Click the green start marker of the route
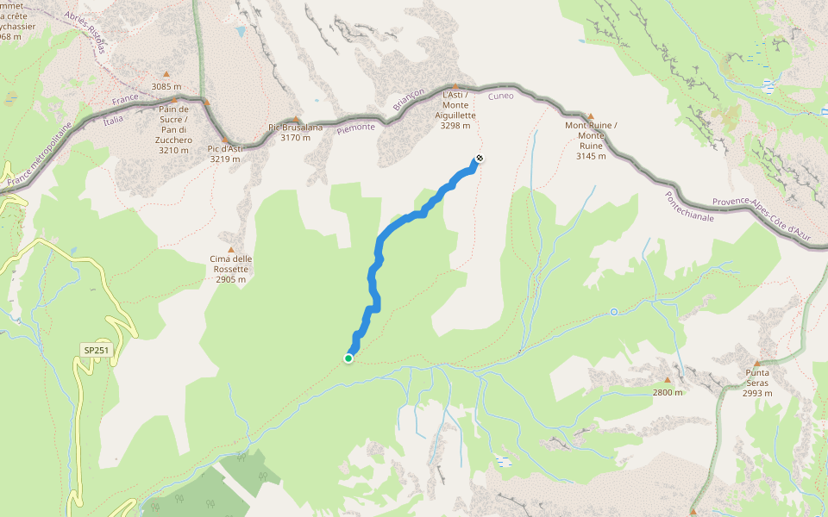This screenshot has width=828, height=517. click(x=348, y=358)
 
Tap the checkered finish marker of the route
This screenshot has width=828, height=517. click(x=479, y=159)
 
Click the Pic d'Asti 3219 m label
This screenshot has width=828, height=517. click(x=226, y=154)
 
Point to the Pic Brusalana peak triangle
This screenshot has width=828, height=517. click(x=296, y=120)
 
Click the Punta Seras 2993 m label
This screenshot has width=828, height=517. click(x=757, y=383)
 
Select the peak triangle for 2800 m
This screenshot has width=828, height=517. click(x=667, y=379)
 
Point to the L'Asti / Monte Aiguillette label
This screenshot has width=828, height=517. click(x=455, y=109)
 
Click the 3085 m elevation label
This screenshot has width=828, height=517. click(x=166, y=86)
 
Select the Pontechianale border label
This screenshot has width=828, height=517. click(x=687, y=206)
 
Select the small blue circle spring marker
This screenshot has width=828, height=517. click(x=614, y=311)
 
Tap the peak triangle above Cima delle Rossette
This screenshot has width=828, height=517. click(x=230, y=250)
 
